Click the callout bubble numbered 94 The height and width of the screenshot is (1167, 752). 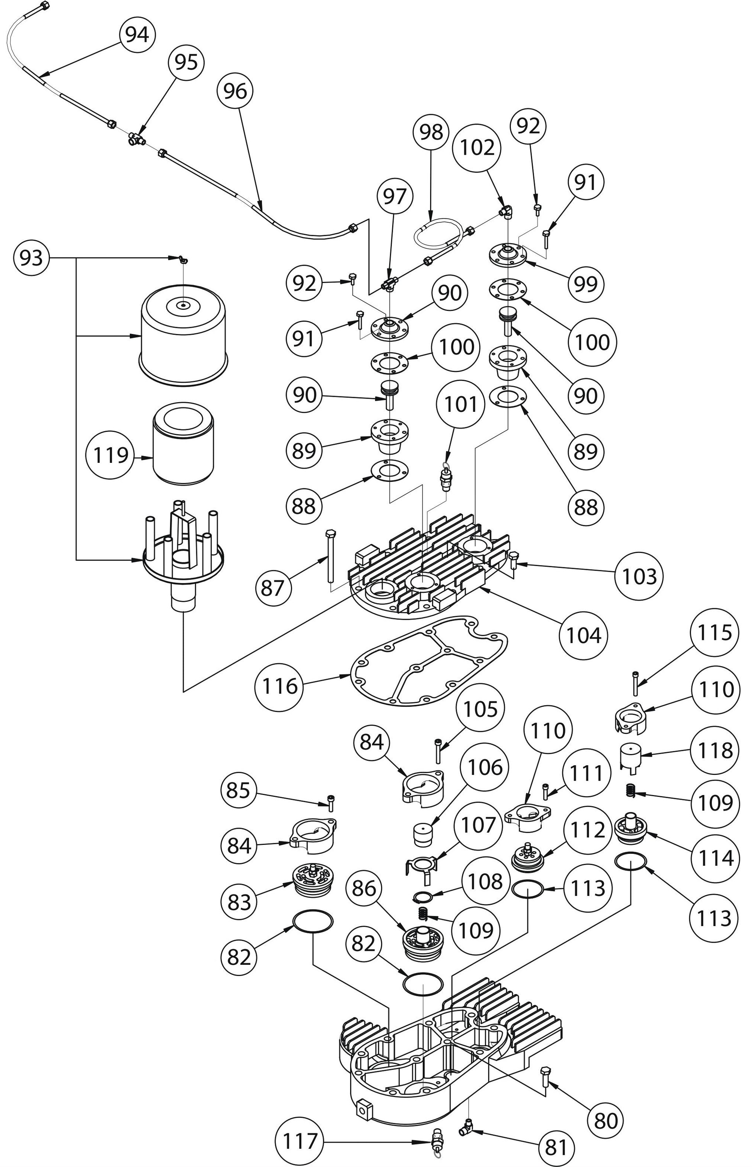pos(137,35)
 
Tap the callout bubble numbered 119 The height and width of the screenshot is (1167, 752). pos(111,455)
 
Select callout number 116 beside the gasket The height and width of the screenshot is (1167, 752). pos(279,686)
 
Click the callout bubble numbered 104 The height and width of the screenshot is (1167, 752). pos(584,636)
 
